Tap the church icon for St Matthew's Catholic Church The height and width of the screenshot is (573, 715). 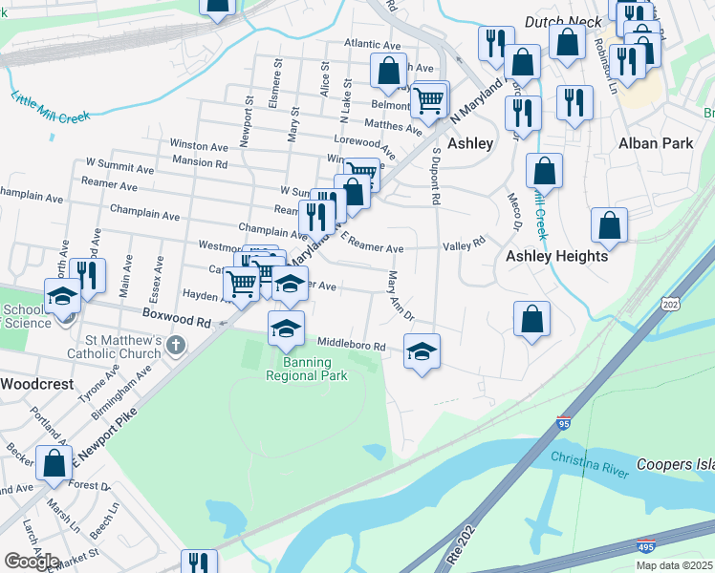coord(175,344)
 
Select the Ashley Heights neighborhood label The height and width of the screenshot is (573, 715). coord(556,256)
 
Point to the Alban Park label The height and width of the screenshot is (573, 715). coord(655,143)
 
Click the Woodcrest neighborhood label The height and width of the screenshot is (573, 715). coord(36,383)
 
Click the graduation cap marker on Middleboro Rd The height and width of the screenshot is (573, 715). coord(422,351)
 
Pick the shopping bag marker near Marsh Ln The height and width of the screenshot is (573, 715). coord(54,463)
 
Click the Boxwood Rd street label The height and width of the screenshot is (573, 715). coord(176,321)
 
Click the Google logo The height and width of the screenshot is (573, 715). coord(32,562)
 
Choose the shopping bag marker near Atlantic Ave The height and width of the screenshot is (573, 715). coord(389,70)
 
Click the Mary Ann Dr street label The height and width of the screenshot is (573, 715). coord(401,295)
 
